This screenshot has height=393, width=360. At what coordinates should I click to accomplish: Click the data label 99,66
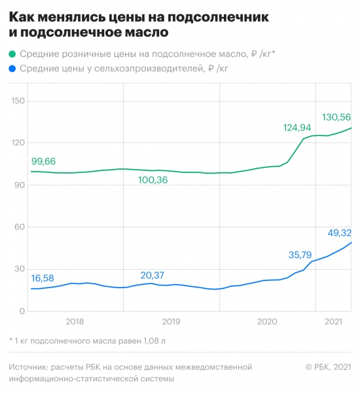(x=44, y=161)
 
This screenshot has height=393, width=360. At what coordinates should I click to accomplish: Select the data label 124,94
(x=299, y=128)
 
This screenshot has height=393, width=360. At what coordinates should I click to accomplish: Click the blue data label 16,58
(x=44, y=278)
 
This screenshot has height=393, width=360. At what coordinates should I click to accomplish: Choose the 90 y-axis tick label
(x=19, y=185)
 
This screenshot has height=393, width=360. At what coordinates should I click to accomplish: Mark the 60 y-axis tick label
(x=19, y=227)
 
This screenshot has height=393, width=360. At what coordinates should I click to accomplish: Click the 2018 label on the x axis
(x=75, y=322)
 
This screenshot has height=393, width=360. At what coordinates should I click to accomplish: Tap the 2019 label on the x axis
(x=171, y=322)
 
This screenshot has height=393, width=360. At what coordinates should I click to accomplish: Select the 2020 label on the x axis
(x=267, y=322)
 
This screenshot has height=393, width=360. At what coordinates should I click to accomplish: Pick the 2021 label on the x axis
(x=334, y=322)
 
